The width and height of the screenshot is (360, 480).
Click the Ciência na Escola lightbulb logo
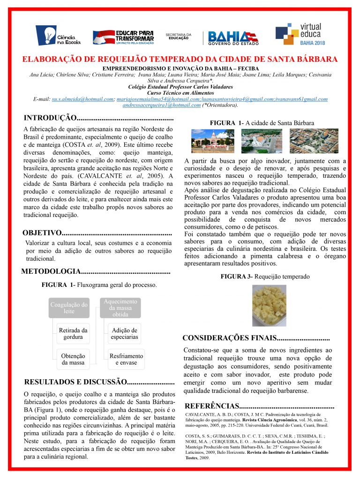pyautogui.click(x=58, y=35)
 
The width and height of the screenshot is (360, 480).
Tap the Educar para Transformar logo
pyautogui.click(x=123, y=36)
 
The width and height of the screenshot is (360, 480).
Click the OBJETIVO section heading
pyautogui.click(x=42, y=233)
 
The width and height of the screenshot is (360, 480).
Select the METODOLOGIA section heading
pyautogui.click(x=52, y=271)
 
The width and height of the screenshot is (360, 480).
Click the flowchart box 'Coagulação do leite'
pyautogui.click(x=69, y=308)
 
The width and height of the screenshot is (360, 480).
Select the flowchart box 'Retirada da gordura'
pyautogui.click(x=73, y=334)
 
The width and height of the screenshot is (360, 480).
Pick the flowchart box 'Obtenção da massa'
pyautogui.click(x=73, y=360)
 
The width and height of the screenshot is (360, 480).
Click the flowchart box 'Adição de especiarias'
pyautogui.click(x=124, y=334)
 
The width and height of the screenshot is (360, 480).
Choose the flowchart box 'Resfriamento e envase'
pyautogui.click(x=124, y=360)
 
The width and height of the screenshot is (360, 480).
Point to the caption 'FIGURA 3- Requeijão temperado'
pyautogui.click(x=265, y=277)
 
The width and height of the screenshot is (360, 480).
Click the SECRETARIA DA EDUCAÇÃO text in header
pyautogui.click(x=179, y=36)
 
